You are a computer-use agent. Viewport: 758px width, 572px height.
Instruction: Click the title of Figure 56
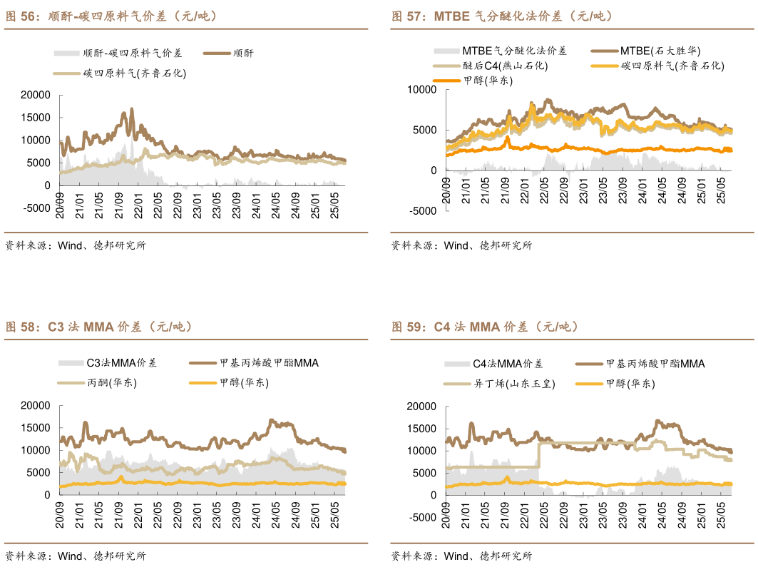click(x=111, y=16)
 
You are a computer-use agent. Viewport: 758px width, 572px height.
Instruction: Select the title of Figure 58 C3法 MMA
click(x=99, y=327)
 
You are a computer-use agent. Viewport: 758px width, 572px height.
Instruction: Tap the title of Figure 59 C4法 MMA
click(x=485, y=327)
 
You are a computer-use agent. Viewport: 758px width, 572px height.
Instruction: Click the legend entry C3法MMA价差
click(x=121, y=363)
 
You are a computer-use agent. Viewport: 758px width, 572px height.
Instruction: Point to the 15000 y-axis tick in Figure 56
click(x=35, y=117)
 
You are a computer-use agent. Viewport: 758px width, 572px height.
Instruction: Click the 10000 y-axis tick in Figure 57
click(x=421, y=89)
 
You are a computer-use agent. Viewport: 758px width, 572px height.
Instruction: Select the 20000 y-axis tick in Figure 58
click(x=35, y=406)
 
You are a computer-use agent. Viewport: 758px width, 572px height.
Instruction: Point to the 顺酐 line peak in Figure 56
click(x=131, y=110)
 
